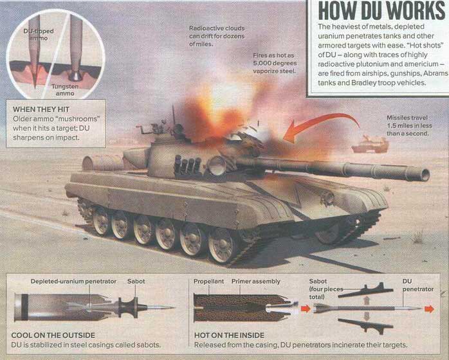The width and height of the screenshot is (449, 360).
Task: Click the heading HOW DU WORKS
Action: tap(381, 12)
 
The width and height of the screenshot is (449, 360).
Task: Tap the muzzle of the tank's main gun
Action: tap(425, 174)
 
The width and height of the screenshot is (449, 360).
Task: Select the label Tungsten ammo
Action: tap(65, 90)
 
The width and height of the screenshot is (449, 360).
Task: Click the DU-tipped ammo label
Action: tap(39, 35)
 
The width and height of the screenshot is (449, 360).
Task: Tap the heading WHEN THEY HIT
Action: tap(41, 109)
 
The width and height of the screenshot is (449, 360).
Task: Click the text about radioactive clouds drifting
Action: tap(217, 36)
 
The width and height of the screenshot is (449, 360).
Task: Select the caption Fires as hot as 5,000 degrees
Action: tap(274, 63)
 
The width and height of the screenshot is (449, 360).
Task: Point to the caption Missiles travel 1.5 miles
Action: tap(409, 125)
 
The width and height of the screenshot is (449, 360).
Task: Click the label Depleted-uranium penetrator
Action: tap(73, 282)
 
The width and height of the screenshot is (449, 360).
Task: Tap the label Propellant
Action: tap(209, 282)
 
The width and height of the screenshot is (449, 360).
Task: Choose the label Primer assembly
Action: tap(256, 282)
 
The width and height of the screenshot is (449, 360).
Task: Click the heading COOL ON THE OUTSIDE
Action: tap(53, 335)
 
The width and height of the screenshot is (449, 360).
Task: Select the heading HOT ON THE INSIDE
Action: tap(229, 335)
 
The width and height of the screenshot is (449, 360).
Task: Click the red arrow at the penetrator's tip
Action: tap(429, 309)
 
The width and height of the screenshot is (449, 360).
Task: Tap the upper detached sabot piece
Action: tap(365, 291)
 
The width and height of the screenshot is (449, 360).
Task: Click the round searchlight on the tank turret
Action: tap(217, 166)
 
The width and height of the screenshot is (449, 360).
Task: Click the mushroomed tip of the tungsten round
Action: tap(76, 76)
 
